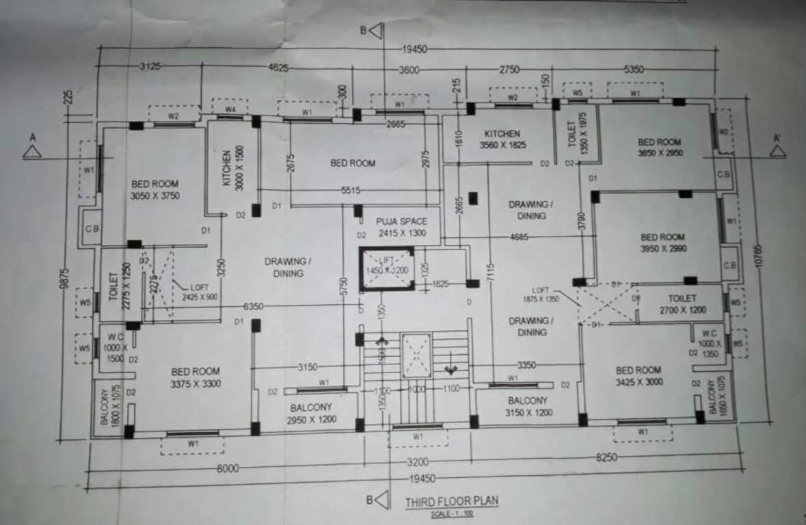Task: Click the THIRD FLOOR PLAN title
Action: coord(451,501)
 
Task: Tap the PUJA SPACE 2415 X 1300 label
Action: coord(401,227)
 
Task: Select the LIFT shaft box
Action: coord(387,269)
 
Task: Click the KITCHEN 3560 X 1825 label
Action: coord(502,139)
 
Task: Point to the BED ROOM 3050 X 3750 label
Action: coord(155,189)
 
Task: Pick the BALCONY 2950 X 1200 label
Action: coord(310,413)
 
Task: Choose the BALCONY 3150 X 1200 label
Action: coord(527,406)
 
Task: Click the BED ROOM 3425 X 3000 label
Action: coord(638,375)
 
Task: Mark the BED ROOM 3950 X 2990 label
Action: coord(662,243)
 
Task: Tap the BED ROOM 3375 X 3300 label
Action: coord(196,377)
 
